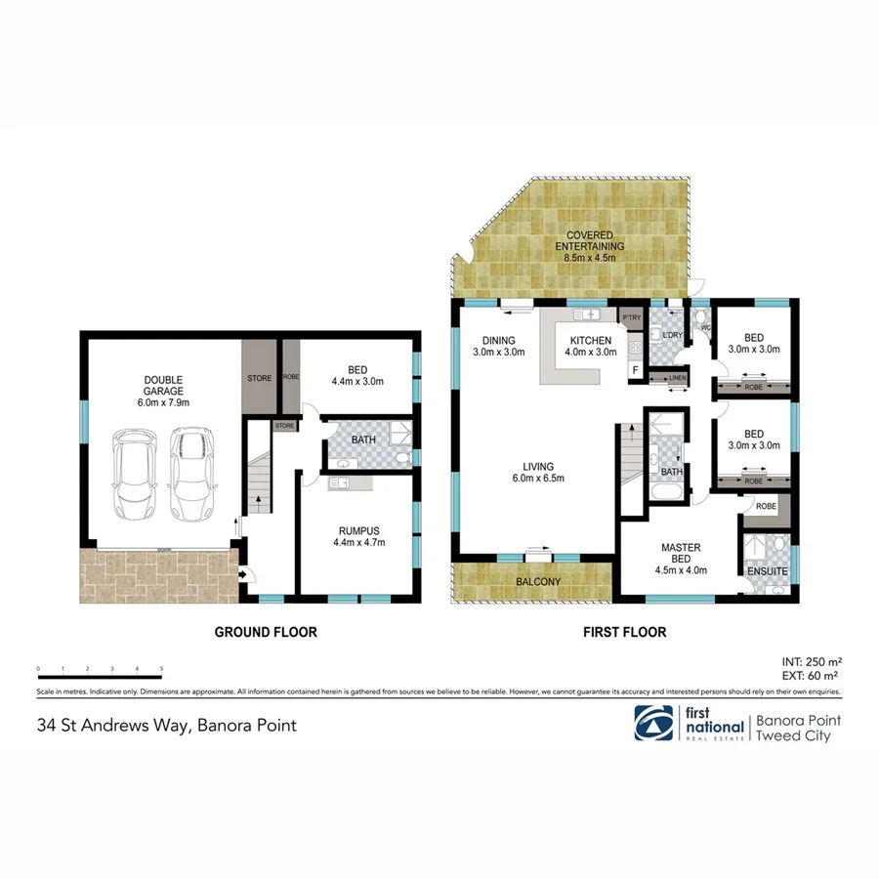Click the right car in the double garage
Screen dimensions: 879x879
point(191,474)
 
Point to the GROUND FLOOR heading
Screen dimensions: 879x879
point(266,633)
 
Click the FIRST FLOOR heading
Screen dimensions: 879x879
point(624,633)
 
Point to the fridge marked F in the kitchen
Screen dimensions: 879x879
point(635,370)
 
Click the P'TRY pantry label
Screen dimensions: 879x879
point(630,317)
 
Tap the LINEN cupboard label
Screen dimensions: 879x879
point(676,378)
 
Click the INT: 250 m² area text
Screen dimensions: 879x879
point(811,659)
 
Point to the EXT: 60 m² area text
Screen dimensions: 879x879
point(811,674)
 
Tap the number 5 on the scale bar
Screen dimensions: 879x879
point(161,669)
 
